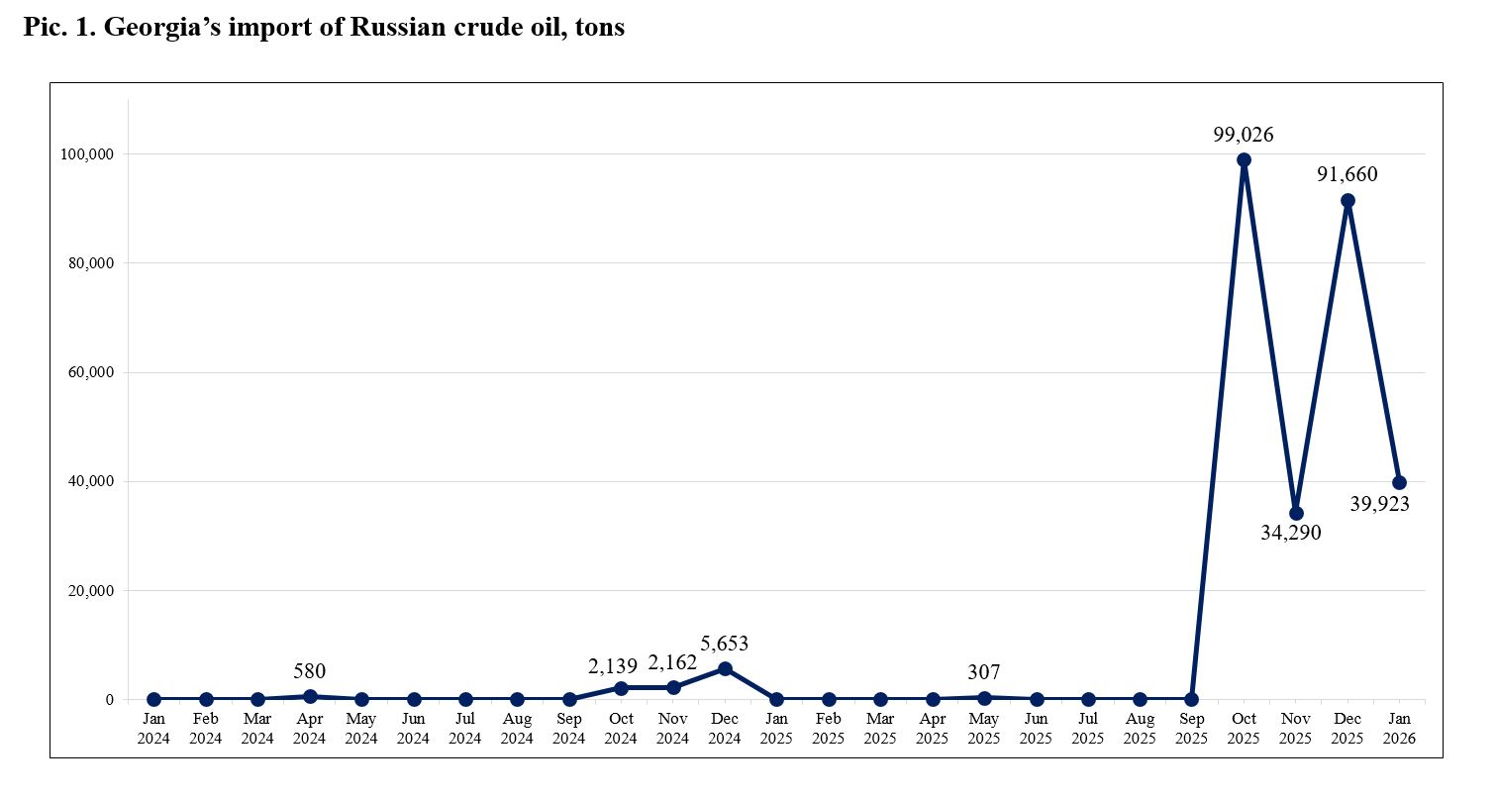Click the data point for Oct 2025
[x=1244, y=159]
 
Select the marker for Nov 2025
[x=1296, y=513]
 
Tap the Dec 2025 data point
[x=1347, y=200]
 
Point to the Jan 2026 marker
[x=1399, y=482]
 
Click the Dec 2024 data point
[x=725, y=668]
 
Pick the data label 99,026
[x=1244, y=135]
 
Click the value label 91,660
[x=1347, y=174]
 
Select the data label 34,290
[x=1291, y=534]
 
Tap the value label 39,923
[x=1380, y=504]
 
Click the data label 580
[x=310, y=671]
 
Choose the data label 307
[x=984, y=673]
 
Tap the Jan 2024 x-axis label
[x=153, y=728]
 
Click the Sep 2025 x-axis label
[x=1191, y=728]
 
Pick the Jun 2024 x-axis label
[x=413, y=728]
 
